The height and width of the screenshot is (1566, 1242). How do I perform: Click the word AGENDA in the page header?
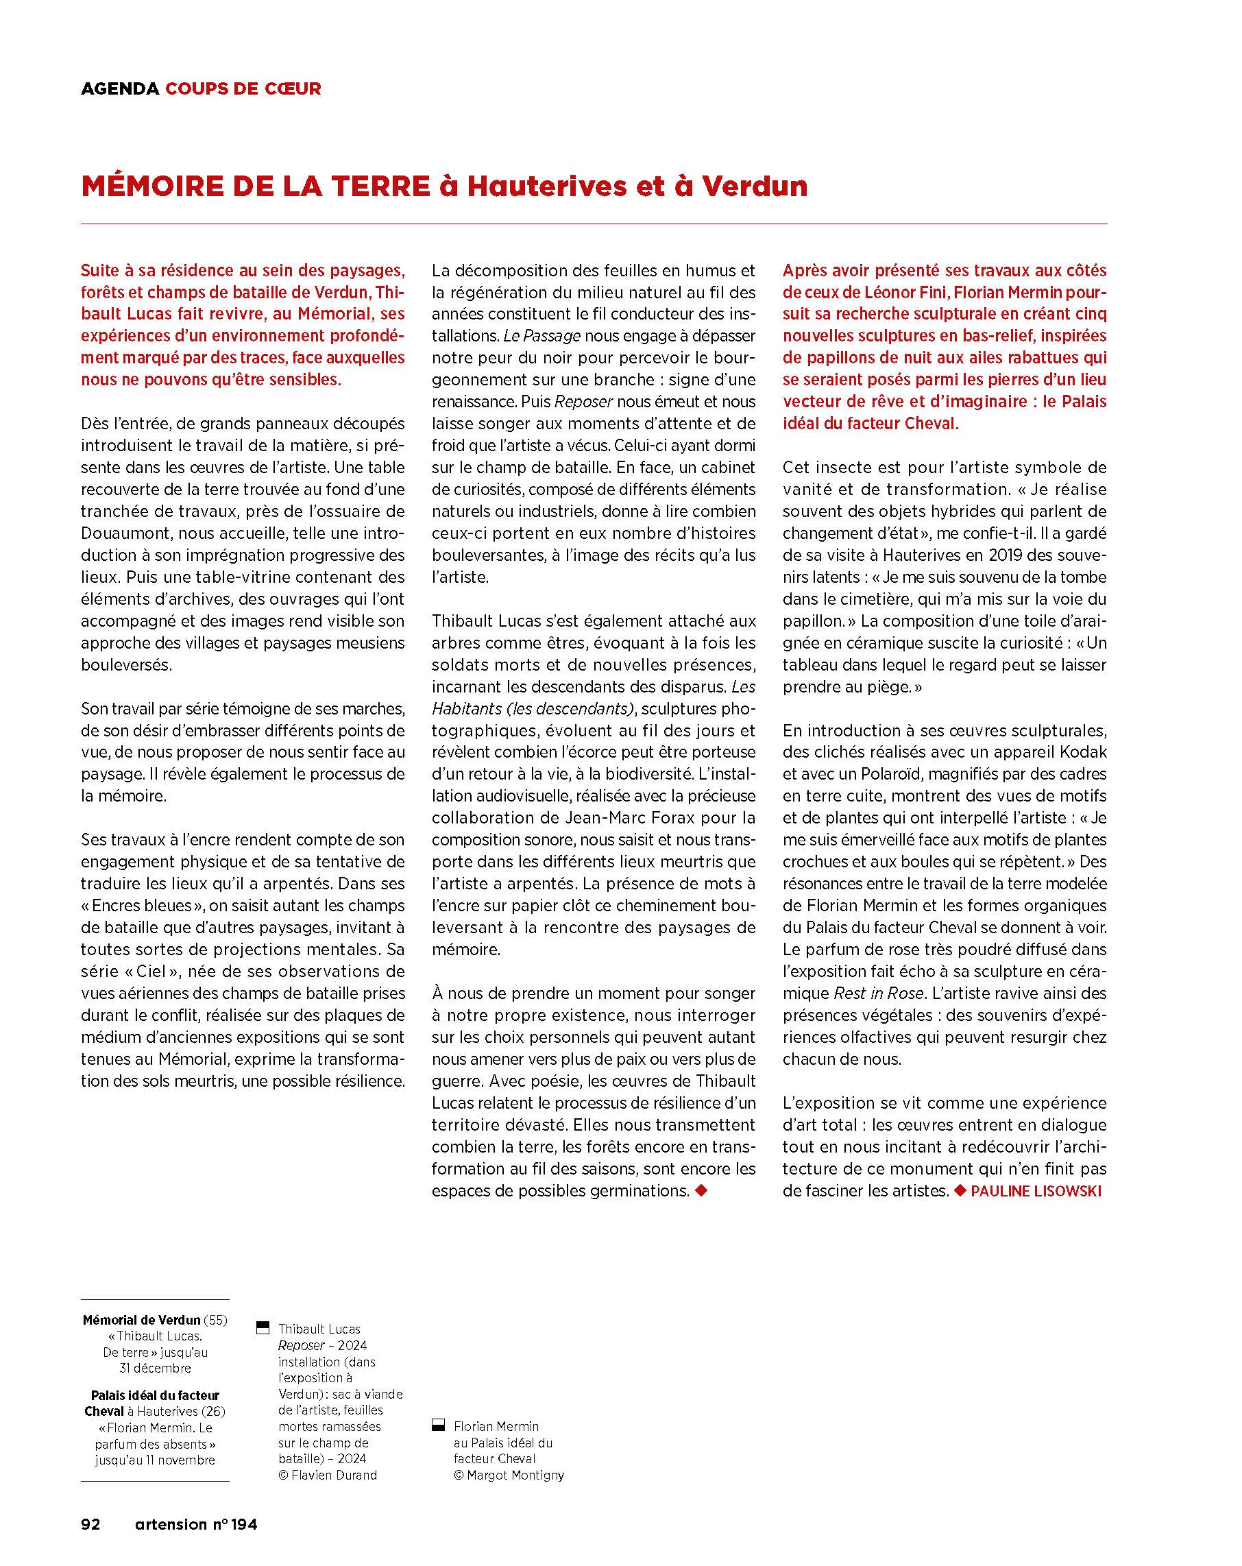[x=120, y=88]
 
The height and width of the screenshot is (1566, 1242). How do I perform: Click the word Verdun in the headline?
[x=755, y=186]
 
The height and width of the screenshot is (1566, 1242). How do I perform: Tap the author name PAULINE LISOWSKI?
[x=1036, y=1191]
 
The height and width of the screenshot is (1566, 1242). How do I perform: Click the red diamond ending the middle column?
[x=701, y=1190]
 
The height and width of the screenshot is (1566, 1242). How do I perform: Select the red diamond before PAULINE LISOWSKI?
[x=960, y=1190]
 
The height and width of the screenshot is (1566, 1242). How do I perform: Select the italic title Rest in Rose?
[x=879, y=993]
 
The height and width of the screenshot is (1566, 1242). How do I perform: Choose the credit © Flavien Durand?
[x=328, y=1475]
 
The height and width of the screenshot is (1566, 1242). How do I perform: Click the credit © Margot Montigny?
[x=509, y=1475]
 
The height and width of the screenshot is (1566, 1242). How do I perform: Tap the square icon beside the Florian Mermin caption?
[x=438, y=1426]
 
